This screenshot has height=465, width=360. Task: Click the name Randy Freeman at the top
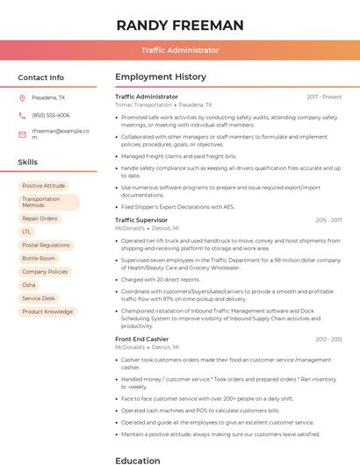[179, 25]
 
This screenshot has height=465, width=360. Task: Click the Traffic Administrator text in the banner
[179, 51]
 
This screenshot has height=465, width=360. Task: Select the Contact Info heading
[41, 77]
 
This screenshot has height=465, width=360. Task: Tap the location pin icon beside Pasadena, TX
[22, 98]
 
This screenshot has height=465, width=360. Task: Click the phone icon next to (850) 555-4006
[22, 115]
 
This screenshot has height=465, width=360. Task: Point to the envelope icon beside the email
[22, 134]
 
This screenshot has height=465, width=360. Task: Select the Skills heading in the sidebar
[28, 162]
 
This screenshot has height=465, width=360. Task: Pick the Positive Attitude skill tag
[44, 186]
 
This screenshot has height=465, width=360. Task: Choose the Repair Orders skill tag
[40, 218]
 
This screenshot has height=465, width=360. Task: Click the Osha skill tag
[29, 285]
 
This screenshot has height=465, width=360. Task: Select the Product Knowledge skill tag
[47, 311]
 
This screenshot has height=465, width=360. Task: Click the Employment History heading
[161, 77]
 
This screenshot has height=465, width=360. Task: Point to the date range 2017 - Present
[324, 97]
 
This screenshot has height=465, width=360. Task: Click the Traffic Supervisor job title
[141, 219]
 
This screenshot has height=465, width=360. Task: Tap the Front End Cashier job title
[141, 339]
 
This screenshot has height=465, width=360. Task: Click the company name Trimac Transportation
[144, 104]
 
